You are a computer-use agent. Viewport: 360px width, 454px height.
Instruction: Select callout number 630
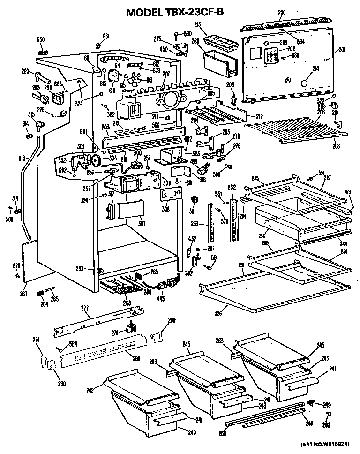[41, 39]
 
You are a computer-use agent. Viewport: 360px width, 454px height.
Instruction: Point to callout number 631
[106, 37]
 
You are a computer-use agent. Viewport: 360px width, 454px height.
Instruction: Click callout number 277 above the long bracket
[85, 308]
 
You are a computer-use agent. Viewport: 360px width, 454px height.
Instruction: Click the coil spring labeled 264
[40, 293]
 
